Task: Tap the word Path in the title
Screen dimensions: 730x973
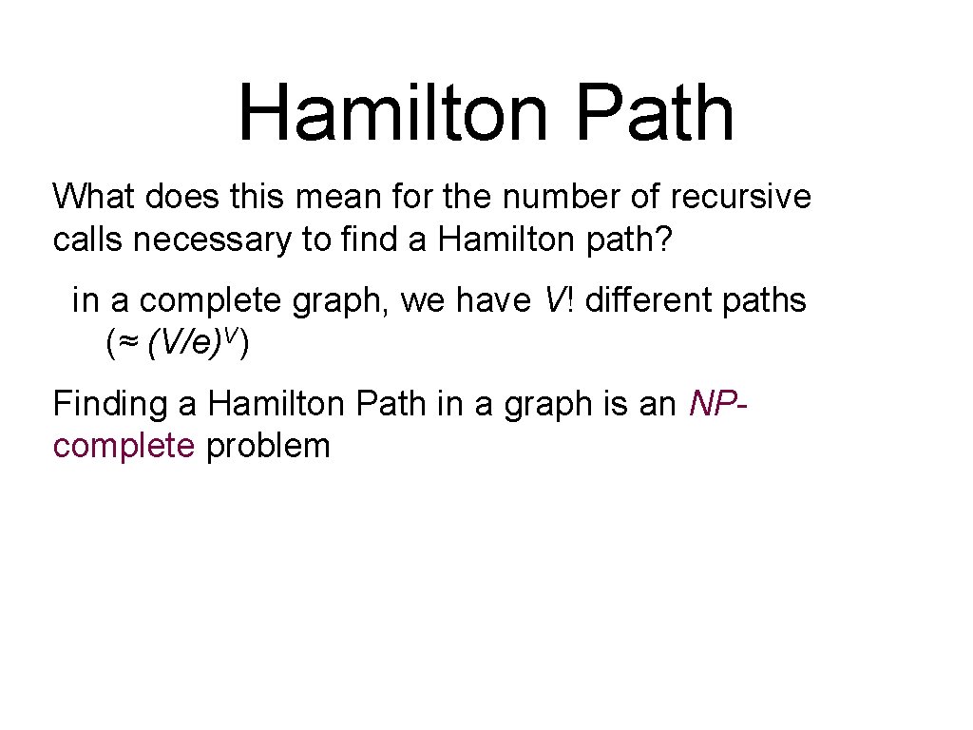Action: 655,113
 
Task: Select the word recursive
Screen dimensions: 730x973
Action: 740,197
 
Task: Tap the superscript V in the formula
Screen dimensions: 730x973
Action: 234,336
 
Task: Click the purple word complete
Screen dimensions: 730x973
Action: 124,446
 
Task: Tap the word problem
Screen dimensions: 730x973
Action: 268,446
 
